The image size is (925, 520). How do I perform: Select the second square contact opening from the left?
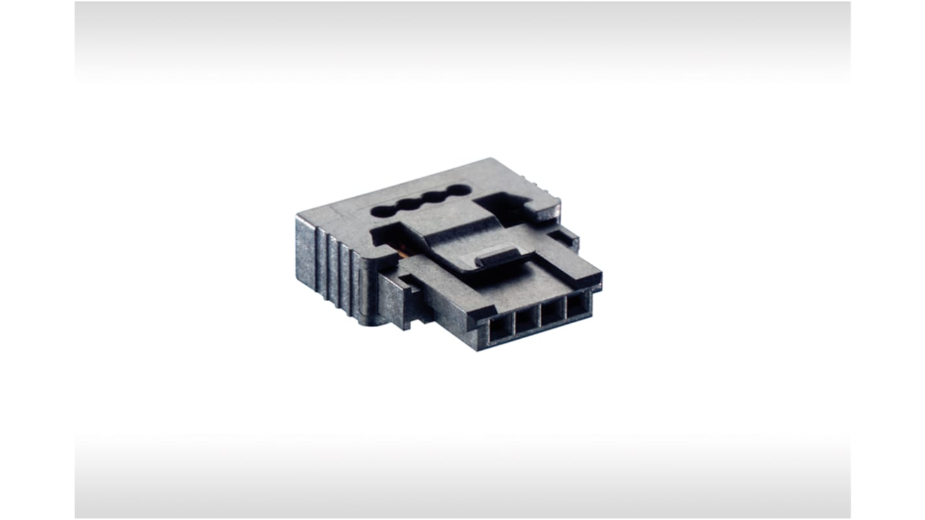point(527,319)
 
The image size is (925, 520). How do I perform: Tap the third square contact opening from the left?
point(553,310)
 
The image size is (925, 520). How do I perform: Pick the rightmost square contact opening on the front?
point(577,303)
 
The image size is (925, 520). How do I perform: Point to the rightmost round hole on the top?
point(459,190)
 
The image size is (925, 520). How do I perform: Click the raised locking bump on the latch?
point(500,256)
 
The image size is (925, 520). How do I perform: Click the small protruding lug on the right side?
point(564,237)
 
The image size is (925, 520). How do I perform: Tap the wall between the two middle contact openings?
point(540,315)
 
